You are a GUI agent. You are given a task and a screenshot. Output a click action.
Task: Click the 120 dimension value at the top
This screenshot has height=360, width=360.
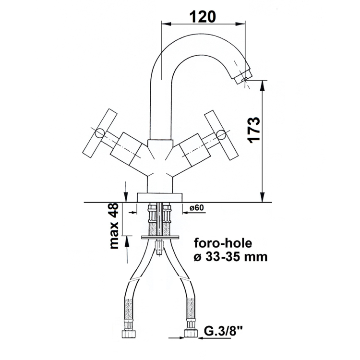point(203,16)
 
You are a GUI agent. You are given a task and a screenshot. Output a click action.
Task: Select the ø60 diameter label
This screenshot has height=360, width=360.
point(197,208)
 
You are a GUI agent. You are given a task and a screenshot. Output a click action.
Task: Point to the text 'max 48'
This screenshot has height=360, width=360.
point(114,226)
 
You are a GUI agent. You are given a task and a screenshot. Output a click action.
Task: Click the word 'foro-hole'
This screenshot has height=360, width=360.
point(223,243)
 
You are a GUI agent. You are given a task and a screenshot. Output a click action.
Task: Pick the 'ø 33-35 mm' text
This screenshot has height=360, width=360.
point(231,257)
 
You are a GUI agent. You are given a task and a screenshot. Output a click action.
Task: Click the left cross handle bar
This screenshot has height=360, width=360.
point(100,133)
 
